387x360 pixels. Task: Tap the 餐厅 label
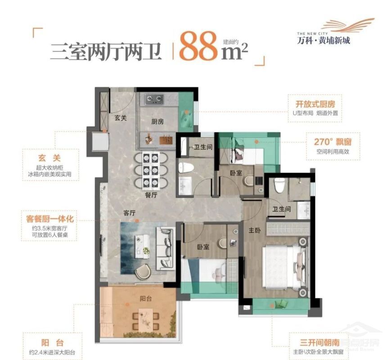click(151, 195)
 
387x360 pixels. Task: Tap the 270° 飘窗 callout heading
click(332, 141)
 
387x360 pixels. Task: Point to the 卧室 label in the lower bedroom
click(203, 247)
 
